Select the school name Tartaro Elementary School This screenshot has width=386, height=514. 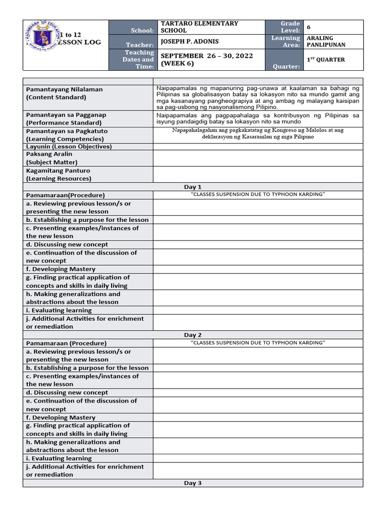199,27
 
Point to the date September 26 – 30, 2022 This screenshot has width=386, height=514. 207,56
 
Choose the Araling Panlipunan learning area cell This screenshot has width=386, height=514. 327,41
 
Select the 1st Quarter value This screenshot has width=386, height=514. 326,60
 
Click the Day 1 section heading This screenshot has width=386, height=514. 192,187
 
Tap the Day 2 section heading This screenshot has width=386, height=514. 192,335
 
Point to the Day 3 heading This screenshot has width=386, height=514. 192,483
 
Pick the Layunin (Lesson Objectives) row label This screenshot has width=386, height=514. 69,147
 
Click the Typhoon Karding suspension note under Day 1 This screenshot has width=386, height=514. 258,195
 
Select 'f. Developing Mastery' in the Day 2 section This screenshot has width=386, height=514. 60,417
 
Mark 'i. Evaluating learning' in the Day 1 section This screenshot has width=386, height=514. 59,310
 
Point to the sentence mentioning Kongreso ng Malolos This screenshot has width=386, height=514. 258,134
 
